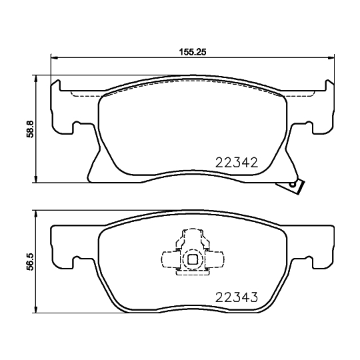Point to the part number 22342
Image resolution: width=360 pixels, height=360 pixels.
pyautogui.click(x=237, y=161)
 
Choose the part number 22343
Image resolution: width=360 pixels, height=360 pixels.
pyautogui.click(x=237, y=297)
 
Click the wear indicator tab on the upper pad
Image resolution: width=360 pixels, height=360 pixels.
pyautogui.click(x=294, y=187)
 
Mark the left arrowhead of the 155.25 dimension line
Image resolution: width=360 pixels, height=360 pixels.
pyautogui.click(x=54, y=58)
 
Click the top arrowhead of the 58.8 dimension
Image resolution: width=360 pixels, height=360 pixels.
pyautogui.click(x=35, y=78)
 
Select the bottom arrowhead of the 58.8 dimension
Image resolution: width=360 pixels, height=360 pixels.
pyautogui.click(x=35, y=178)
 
